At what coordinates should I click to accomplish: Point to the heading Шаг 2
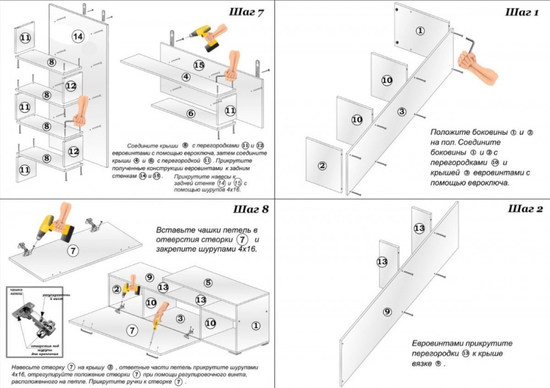tap(525, 209)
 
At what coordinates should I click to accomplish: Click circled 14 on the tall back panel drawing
tap(78, 36)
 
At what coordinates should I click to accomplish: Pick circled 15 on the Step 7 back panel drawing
tap(199, 65)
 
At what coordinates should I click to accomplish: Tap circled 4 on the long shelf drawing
tap(186, 77)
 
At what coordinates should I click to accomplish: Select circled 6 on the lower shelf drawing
tap(190, 114)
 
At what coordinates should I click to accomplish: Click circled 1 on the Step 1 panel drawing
tap(421, 31)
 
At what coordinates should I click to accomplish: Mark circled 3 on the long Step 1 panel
tap(402, 112)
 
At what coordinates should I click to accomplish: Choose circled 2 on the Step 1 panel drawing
tap(322, 165)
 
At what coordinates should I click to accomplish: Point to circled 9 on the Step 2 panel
tap(387, 312)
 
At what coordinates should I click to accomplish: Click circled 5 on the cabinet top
tap(207, 283)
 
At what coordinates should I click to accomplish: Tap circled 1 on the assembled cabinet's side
tap(256, 325)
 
